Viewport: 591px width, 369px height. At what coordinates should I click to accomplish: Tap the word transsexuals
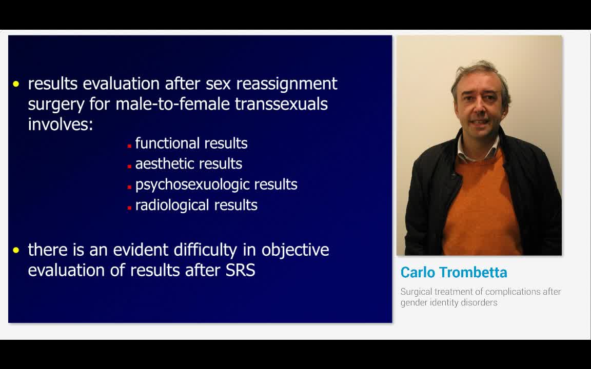[281, 104]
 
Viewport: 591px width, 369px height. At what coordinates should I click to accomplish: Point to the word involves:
[60, 124]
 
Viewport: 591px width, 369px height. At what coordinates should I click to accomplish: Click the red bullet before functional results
[130, 146]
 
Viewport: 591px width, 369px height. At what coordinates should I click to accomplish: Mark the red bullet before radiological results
[130, 208]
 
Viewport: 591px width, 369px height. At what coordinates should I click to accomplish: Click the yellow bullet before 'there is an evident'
[16, 250]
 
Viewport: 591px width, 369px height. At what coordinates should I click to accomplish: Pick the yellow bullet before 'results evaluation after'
[16, 84]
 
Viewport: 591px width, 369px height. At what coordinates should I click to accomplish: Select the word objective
[295, 250]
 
